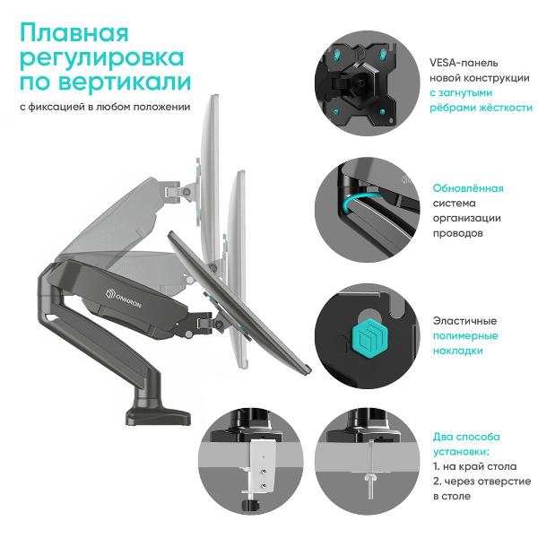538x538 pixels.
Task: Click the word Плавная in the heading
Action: [74, 33]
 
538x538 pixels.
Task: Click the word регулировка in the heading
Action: [102, 59]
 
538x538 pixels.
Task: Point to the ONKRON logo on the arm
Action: [123, 299]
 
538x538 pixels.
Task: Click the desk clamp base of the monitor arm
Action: [159, 415]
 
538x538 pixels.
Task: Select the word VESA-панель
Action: [464, 63]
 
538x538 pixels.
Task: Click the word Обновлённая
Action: [468, 188]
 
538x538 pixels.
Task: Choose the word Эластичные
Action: [464, 321]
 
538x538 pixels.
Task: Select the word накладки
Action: [457, 351]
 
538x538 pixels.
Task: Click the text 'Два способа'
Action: [466, 437]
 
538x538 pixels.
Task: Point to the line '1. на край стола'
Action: [474, 466]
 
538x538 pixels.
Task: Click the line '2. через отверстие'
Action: [482, 482]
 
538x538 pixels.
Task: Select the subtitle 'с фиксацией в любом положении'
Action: [105, 107]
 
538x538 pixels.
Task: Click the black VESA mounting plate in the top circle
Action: [363, 83]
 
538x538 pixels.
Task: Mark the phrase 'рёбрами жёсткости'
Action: [481, 108]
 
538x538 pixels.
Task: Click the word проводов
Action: [457, 233]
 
